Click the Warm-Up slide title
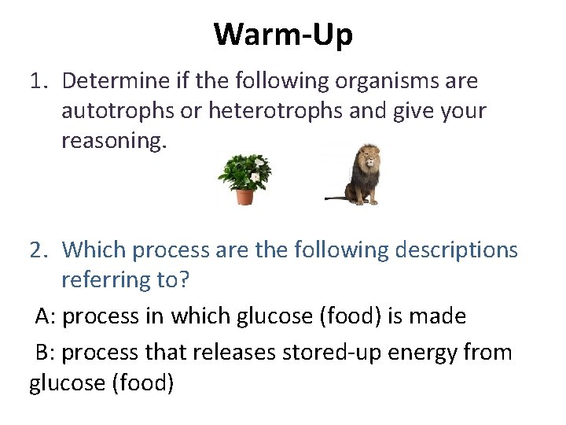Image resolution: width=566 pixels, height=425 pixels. tap(283, 34)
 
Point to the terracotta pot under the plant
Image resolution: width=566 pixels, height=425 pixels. tap(244, 196)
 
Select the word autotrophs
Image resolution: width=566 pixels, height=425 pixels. tap(118, 111)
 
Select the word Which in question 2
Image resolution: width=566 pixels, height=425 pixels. tap(94, 250)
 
